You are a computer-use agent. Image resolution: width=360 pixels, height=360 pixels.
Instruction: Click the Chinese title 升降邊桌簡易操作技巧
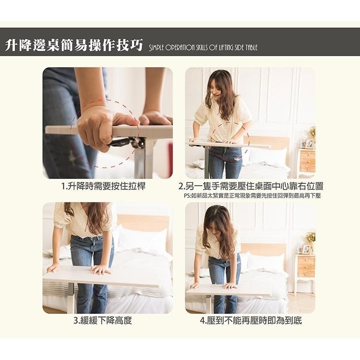74,46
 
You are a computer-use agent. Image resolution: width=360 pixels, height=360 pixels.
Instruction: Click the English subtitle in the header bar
203,48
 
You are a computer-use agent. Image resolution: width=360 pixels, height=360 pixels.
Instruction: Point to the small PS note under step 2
252,196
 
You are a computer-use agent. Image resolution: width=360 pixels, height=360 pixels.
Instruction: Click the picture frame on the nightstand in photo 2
310,144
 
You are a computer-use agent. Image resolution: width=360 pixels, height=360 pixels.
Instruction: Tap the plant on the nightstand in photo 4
311,238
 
